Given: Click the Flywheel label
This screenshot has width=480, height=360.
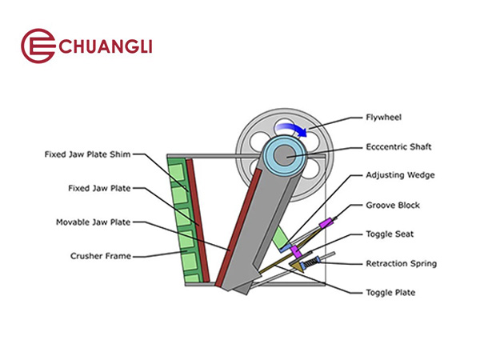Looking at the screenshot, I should [x=384, y=117].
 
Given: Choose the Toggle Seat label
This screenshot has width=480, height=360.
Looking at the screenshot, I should [x=389, y=234].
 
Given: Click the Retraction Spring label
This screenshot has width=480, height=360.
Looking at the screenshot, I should [x=401, y=263].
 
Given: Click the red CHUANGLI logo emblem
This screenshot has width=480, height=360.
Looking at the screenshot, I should [x=36, y=46].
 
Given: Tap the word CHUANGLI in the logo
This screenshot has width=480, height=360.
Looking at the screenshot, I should [x=102, y=46].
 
